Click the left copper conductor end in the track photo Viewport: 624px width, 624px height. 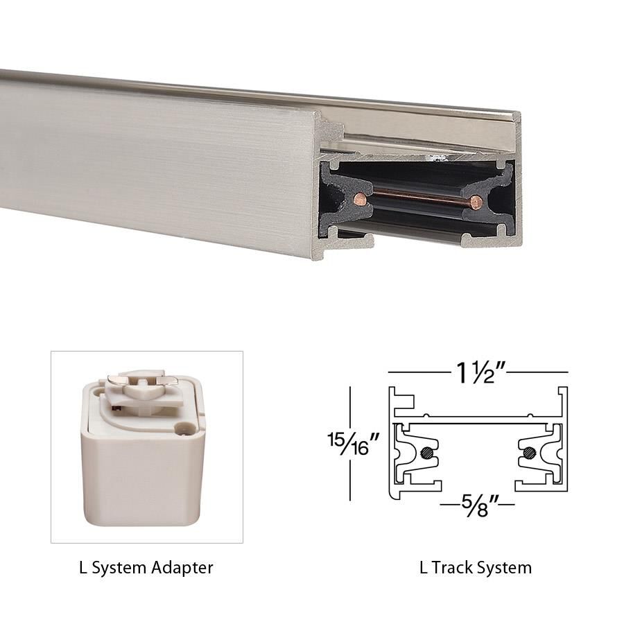coord(358,199)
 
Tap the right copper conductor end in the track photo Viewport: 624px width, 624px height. coord(476,202)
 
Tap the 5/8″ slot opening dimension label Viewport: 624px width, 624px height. coord(477,501)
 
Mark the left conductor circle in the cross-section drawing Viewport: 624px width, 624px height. coord(426,454)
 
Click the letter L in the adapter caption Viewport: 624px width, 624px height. coord(83,568)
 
